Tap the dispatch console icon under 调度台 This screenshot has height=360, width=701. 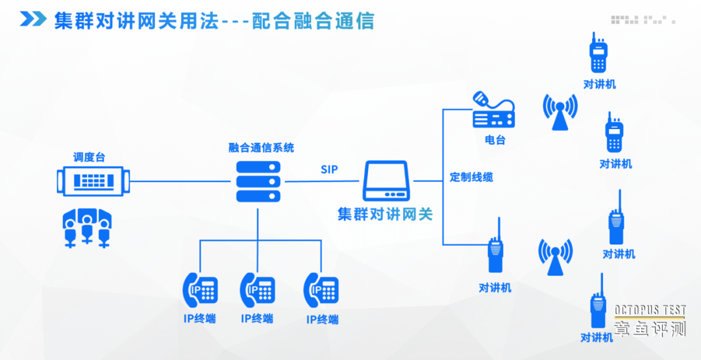(93, 180)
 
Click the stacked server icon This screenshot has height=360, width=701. (258, 181)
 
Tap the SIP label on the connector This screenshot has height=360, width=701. (329, 170)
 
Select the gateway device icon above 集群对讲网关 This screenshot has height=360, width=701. (386, 182)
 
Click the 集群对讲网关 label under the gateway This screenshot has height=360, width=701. (385, 214)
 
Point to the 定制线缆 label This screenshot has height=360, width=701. (471, 177)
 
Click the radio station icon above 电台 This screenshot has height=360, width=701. (493, 110)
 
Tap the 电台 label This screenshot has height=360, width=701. (495, 139)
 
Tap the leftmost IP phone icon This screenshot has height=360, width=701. (200, 289)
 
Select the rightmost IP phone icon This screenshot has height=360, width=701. (322, 290)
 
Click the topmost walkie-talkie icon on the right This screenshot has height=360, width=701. (598, 54)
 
